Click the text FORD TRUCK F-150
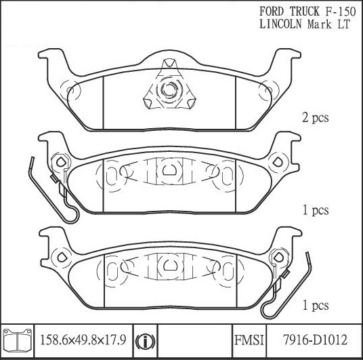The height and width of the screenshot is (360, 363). (307, 12)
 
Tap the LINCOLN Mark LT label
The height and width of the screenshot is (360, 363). (305, 24)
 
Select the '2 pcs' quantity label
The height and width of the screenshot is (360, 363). (316, 118)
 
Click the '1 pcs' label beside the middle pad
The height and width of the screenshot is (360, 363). (316, 210)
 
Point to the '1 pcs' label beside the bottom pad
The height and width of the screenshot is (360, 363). (316, 305)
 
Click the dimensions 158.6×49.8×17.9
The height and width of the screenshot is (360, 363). (83, 340)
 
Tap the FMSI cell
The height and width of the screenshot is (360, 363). (249, 340)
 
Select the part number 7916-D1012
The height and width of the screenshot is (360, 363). (316, 340)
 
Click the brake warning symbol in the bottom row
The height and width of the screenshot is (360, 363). (146, 341)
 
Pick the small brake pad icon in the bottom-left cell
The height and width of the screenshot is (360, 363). (18, 339)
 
